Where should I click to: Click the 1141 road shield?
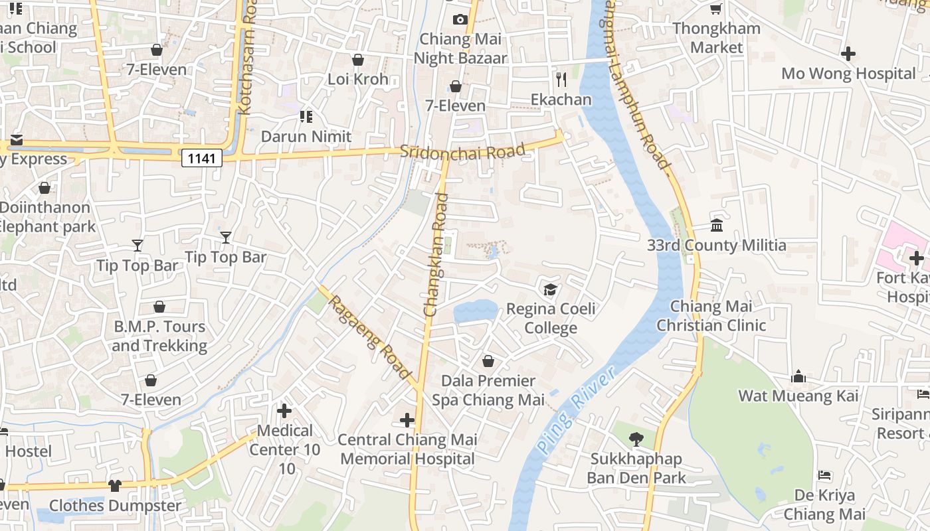(201, 157)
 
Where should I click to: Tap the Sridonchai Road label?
(462, 151)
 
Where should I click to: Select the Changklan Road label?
(436, 254)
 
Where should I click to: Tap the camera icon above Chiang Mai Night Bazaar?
(460, 19)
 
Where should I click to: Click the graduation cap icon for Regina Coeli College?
(550, 289)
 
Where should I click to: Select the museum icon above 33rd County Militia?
(717, 226)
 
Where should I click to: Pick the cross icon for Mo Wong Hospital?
(848, 54)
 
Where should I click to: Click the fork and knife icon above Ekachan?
(561, 80)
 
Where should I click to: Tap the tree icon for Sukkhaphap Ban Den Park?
(636, 439)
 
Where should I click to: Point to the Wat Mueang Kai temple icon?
(798, 377)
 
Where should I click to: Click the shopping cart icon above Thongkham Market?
(716, 9)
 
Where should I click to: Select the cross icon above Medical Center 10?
(284, 411)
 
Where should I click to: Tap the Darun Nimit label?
(306, 137)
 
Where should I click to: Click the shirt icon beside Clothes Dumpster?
(115, 485)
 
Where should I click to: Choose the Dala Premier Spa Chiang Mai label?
(488, 390)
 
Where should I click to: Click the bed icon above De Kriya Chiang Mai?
(824, 475)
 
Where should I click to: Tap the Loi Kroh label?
(358, 79)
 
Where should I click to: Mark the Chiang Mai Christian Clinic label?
(711, 316)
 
